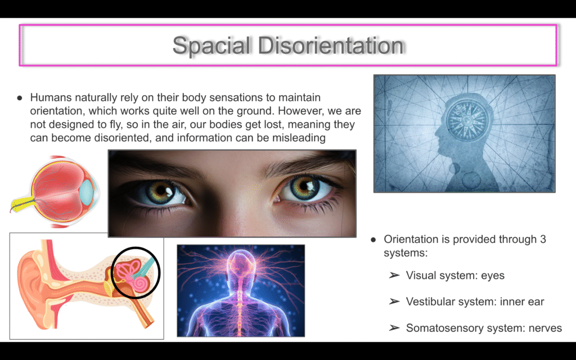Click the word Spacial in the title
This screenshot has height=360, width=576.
pyautogui.click(x=211, y=46)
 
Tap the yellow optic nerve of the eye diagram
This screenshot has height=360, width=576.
pyautogui.click(x=22, y=204)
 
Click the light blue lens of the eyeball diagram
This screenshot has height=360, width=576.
pyautogui.click(x=87, y=189)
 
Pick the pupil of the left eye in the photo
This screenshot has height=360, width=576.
pyautogui.click(x=161, y=190)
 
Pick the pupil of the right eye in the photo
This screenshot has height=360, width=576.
pyautogui.click(x=304, y=186)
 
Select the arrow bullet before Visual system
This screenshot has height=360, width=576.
pyautogui.click(x=394, y=276)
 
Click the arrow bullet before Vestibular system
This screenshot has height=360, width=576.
pyautogui.click(x=394, y=301)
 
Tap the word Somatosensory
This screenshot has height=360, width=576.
pyautogui.click(x=444, y=328)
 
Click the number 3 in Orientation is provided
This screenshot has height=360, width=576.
pyautogui.click(x=543, y=239)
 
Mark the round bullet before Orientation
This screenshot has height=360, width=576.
pyautogui.click(x=373, y=240)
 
